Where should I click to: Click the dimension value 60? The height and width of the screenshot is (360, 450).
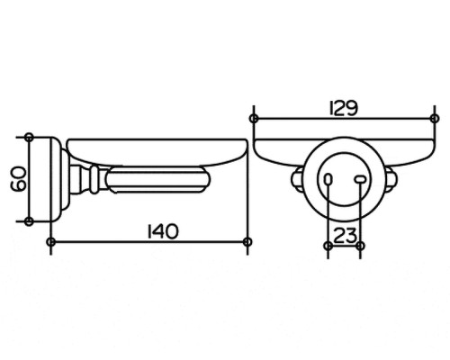pos(18,179)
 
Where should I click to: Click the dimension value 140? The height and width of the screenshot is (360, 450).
pos(163,231)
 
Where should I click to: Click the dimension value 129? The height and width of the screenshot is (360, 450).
pos(344,108)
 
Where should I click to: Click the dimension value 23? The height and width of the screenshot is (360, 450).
pos(345,236)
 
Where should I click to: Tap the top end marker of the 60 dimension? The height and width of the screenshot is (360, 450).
pos(29,138)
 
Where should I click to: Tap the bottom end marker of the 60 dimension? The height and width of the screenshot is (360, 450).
pos(29,221)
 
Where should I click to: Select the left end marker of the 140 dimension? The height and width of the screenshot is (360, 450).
pos(51,241)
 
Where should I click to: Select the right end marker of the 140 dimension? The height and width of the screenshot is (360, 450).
pos(247,241)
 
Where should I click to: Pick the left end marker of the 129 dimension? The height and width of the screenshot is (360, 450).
pos(254,119)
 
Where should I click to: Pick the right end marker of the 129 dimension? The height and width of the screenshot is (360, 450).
pos(435,119)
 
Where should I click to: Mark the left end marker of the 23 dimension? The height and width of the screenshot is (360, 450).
pos(328,246)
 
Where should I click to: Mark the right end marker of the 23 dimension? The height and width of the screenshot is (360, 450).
pos(361,246)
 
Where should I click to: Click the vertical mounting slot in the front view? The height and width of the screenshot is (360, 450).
pos(328,179)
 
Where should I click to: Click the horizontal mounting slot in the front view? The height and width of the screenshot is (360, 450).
pos(360,179)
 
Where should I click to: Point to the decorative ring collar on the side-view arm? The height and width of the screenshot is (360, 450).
pos(94,179)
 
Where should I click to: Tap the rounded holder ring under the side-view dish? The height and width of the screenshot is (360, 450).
pos(158,180)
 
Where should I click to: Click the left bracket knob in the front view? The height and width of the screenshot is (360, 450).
pos(297,179)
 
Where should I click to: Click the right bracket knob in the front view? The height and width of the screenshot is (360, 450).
pos(391,179)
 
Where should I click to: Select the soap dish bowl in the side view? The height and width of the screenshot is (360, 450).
pos(157,152)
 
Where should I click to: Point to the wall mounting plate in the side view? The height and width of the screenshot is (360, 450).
pos(54,179)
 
